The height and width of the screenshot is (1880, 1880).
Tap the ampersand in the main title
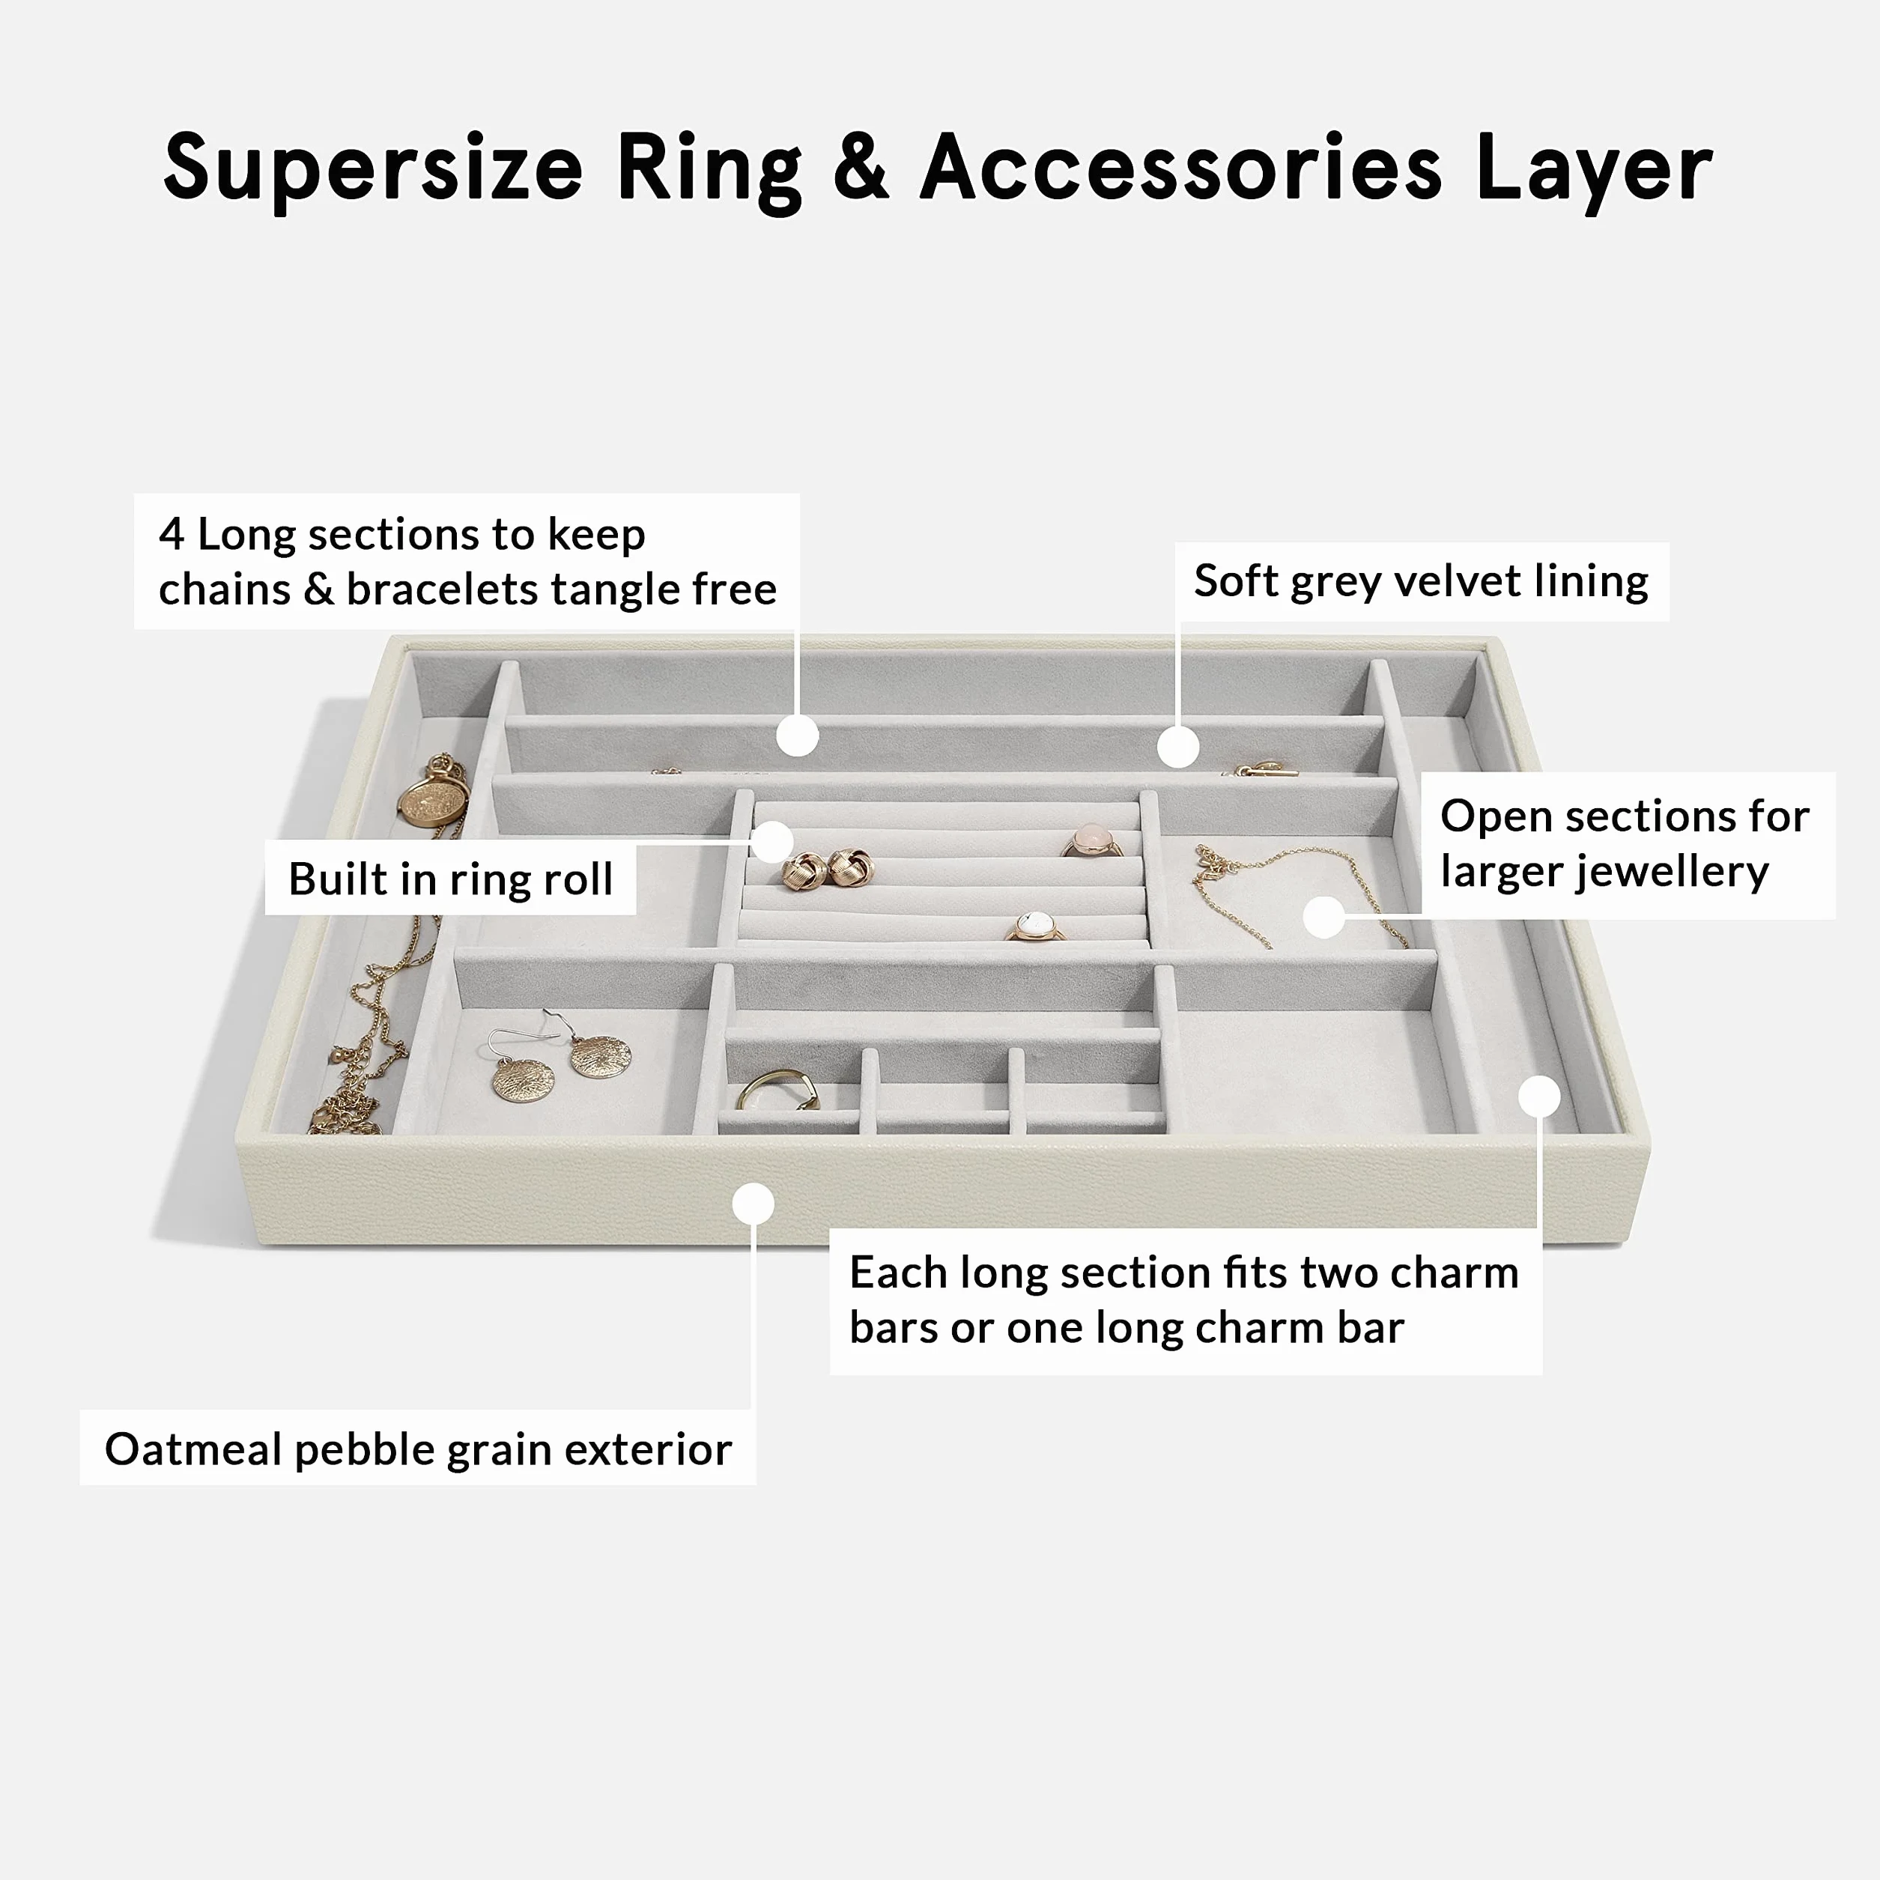tap(861, 166)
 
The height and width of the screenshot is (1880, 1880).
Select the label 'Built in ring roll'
tap(451, 879)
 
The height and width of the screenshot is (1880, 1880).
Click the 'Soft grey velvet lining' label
tap(1422, 581)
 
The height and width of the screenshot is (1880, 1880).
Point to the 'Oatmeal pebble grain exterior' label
tap(419, 1449)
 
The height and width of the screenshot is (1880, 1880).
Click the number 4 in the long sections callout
tap(172, 533)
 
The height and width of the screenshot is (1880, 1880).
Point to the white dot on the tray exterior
tap(753, 1204)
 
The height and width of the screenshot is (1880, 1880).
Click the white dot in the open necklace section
tap(1323, 917)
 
